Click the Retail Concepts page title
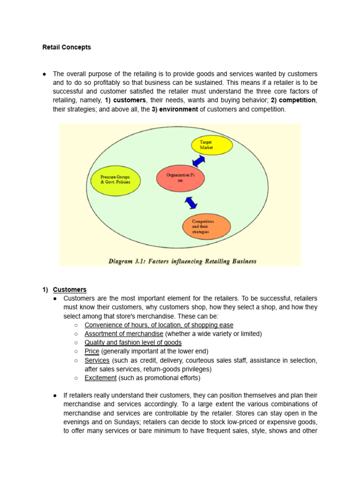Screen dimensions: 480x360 (67, 47)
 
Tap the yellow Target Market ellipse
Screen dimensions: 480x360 (211, 144)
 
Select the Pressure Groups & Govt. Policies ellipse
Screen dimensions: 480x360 (115, 179)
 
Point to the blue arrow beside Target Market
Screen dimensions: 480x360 (199, 161)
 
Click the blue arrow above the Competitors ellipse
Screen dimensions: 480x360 (191, 202)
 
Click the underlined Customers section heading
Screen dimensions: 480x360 (69, 290)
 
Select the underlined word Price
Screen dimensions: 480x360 (92, 351)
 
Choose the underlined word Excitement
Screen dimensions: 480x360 (100, 378)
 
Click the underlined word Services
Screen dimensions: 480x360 (97, 360)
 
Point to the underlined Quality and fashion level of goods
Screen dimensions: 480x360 (133, 343)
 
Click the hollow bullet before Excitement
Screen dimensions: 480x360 (76, 378)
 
